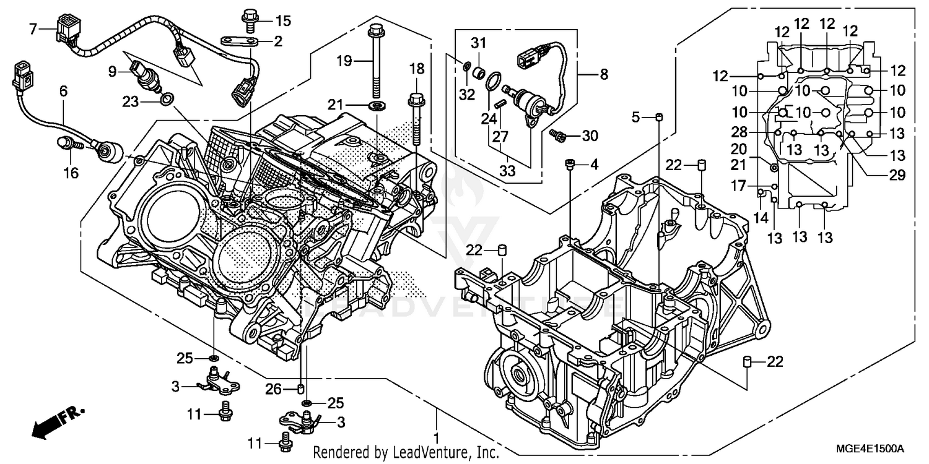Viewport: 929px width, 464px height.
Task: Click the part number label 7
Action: (33, 28)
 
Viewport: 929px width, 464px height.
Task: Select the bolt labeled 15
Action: (250, 21)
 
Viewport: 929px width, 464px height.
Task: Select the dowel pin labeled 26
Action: (301, 389)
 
